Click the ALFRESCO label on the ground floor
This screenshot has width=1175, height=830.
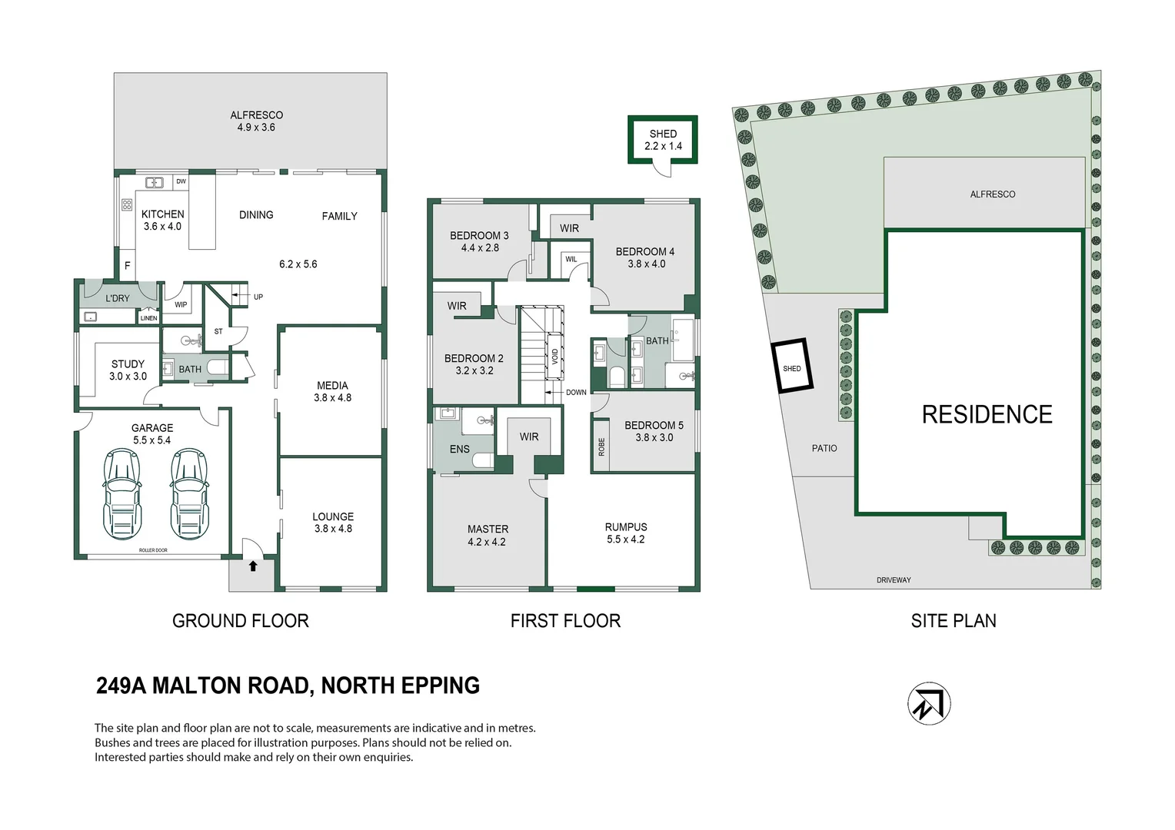(x=256, y=115)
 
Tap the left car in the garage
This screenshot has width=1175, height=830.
(x=121, y=493)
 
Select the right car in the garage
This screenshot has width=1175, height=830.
(x=189, y=493)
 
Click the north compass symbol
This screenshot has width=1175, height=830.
(x=929, y=703)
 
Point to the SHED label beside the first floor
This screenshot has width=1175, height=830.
(x=663, y=134)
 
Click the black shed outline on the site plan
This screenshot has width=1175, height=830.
(x=792, y=367)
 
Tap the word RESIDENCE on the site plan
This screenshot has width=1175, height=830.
(x=987, y=415)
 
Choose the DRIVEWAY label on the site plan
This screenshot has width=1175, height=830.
(x=893, y=580)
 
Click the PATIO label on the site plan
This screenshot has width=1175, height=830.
(x=824, y=448)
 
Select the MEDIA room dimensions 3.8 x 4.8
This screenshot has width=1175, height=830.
(x=332, y=398)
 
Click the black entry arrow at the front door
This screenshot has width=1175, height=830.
(x=253, y=566)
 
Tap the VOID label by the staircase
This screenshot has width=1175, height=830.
(x=555, y=357)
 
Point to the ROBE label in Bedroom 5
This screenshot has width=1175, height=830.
(x=601, y=447)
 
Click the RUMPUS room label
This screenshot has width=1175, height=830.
(x=626, y=527)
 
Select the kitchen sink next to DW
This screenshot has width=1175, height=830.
(x=155, y=183)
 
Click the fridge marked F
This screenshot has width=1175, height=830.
(x=127, y=265)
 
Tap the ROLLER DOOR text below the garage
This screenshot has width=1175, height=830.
(x=153, y=550)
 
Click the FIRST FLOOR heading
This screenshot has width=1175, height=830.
(x=565, y=621)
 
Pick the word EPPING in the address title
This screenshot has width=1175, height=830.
(x=440, y=686)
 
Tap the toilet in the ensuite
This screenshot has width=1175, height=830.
(x=483, y=460)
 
